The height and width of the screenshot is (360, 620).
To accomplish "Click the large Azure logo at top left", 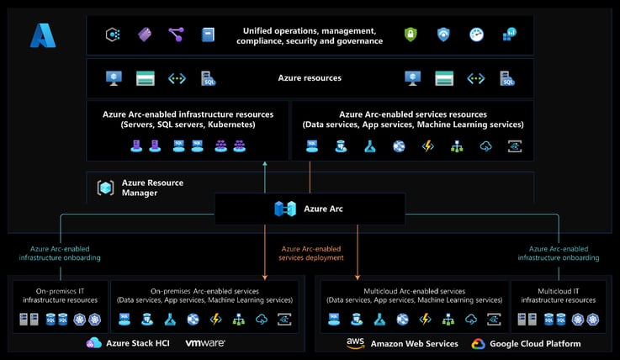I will (x=43, y=35).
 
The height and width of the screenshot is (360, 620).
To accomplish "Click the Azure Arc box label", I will (x=323, y=208).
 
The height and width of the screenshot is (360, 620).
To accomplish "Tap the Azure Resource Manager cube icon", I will (x=105, y=188).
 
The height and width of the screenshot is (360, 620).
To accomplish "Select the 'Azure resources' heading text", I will (x=310, y=78).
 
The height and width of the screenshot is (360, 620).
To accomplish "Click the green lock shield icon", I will (x=411, y=34).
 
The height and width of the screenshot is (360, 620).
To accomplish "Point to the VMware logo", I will (x=204, y=343).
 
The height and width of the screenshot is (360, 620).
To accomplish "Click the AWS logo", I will (x=354, y=343).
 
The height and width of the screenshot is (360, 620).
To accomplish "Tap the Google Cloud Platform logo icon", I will (x=478, y=343).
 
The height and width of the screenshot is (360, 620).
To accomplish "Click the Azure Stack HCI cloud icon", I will (x=93, y=343).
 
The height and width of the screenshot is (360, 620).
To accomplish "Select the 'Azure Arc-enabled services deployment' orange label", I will (x=310, y=253).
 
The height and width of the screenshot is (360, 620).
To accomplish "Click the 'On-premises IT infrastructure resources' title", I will (x=59, y=295).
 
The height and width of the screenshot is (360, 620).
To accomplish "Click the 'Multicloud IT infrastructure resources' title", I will (x=558, y=295).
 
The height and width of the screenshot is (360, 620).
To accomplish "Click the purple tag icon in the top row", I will (x=144, y=34).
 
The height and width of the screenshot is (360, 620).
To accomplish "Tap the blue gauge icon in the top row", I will (x=477, y=34).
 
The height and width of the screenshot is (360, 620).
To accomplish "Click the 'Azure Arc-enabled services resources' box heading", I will (x=412, y=119).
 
